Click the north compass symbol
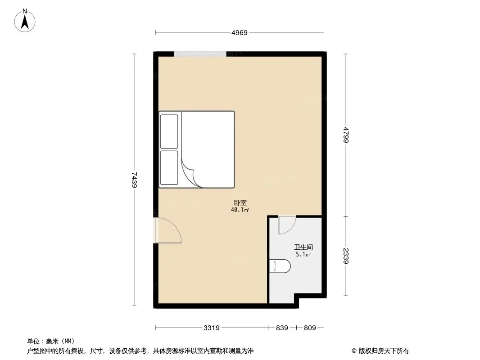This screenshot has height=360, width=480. point(25,21)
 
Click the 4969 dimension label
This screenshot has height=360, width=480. point(240,33)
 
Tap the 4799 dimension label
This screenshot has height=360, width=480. point(345,135)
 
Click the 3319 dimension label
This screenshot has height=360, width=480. point(211,328)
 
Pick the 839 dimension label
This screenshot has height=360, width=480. point(282,328)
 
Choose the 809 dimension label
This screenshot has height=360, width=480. point(310,328)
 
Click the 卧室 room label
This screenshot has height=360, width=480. point(240,203)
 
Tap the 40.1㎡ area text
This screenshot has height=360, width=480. point(240,210)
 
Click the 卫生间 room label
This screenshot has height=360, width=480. point(303,247)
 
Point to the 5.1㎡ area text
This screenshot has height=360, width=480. point(303,254)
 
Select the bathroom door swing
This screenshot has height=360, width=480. point(286,225)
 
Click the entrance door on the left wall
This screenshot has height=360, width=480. point(168,230)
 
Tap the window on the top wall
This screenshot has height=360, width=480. point(200,54)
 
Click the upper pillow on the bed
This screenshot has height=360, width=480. point(169,131)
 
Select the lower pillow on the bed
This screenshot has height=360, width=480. point(169,167)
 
